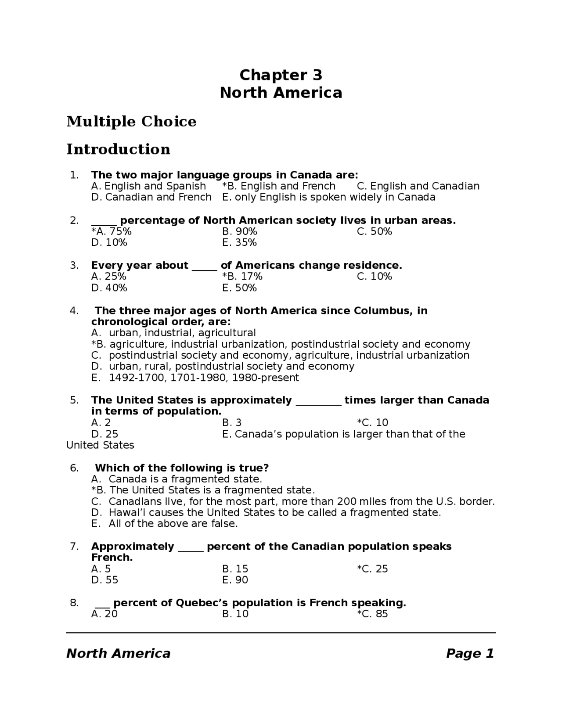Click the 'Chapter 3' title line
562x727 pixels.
(281, 75)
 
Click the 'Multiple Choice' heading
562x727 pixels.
(131, 122)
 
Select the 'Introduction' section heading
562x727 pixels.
(118, 149)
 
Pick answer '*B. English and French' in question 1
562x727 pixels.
(279, 186)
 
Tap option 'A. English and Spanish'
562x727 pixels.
(148, 186)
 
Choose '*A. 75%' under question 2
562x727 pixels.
(111, 231)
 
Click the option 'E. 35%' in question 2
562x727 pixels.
(239, 243)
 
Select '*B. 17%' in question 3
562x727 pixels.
(242, 277)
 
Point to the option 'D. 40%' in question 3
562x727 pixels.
(109, 288)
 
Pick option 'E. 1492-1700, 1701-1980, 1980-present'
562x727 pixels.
(195, 378)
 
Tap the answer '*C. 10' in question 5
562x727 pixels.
(372, 423)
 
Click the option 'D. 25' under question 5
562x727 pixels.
(104, 434)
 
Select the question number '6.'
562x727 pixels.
(74, 468)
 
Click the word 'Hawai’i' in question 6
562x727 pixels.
(124, 513)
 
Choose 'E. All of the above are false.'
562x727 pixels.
(165, 524)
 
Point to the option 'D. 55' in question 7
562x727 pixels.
(104, 580)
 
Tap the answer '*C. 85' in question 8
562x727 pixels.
(372, 614)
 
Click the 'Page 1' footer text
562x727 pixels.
(470, 654)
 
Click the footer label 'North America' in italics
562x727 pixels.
(118, 654)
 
